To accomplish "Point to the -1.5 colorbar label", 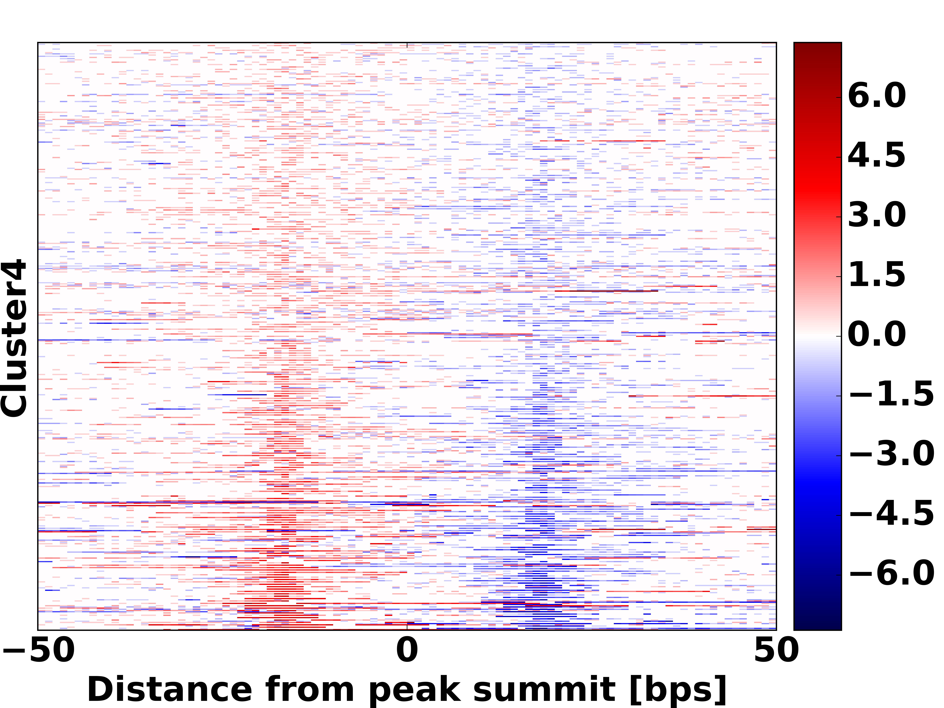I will pyautogui.click(x=891, y=395).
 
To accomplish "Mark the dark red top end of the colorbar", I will pyautogui.click(x=817, y=47).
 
